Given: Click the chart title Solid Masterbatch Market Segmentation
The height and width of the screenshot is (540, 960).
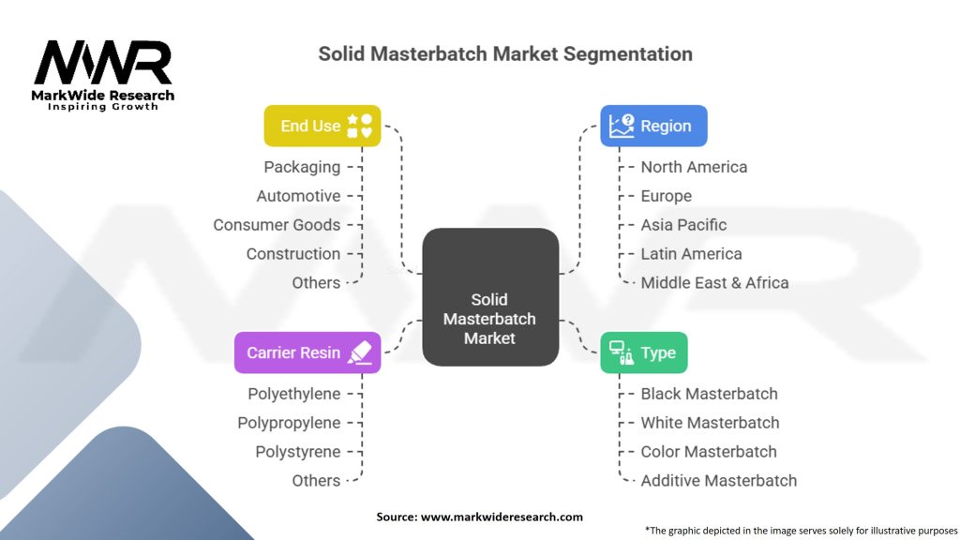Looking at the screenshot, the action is [x=505, y=53].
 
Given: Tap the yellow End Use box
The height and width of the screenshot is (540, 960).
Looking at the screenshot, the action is [x=322, y=126].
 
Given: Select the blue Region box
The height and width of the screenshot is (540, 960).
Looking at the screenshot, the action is [x=653, y=126].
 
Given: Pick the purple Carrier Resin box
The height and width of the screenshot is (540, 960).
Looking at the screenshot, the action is [x=307, y=352].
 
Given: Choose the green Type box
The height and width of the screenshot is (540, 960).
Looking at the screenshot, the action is [x=643, y=352].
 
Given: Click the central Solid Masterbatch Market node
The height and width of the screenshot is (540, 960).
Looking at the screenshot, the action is [x=489, y=297].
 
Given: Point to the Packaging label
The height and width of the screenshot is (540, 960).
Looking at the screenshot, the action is [x=302, y=167].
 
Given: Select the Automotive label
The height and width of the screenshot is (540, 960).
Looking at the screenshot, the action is [x=298, y=196].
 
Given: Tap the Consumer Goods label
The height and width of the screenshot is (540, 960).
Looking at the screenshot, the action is [x=277, y=225].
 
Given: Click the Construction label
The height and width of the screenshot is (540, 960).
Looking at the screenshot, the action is [x=293, y=254].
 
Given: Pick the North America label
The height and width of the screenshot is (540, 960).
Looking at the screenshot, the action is [x=694, y=167].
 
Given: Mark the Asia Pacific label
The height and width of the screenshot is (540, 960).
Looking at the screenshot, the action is [x=683, y=225].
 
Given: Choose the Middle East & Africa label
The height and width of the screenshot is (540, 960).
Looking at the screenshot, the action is [x=714, y=283].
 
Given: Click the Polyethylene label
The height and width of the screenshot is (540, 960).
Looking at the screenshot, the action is [x=294, y=394].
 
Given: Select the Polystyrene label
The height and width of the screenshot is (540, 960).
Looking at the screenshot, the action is [x=298, y=452].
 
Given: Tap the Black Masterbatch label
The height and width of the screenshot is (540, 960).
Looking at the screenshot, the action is [x=709, y=394].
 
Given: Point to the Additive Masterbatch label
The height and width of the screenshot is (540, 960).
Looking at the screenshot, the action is [x=718, y=481].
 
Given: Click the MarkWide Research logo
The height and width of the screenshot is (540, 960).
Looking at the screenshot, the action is [x=104, y=75].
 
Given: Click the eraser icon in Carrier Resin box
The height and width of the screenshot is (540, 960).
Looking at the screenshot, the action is [x=359, y=352].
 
